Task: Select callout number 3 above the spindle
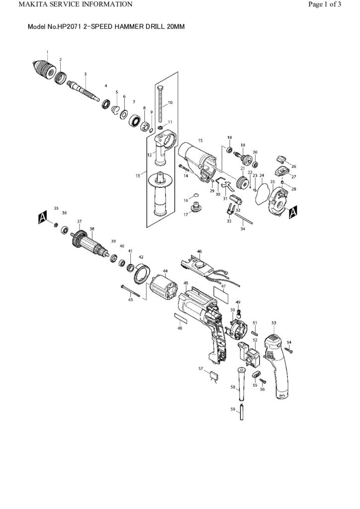coord(85,74)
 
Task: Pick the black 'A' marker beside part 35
coord(43,217)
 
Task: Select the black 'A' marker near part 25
coord(293,211)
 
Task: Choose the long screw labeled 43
coord(133,292)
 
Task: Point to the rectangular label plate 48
coord(180,316)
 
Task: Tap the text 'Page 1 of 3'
coord(324,4)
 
